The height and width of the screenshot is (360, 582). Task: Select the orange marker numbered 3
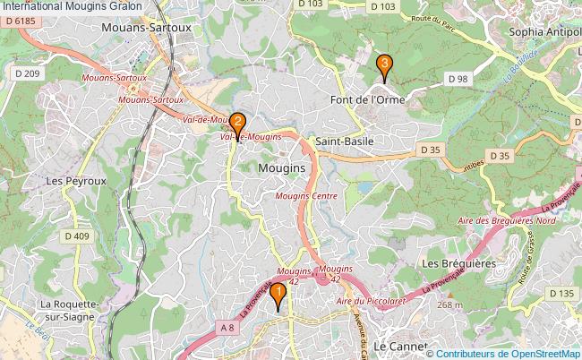(383, 65)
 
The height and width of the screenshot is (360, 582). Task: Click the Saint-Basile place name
(344, 141)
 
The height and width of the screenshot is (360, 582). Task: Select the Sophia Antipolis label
(544, 31)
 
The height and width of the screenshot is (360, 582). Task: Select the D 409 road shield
(77, 236)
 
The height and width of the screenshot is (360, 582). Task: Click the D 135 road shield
(561, 294)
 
